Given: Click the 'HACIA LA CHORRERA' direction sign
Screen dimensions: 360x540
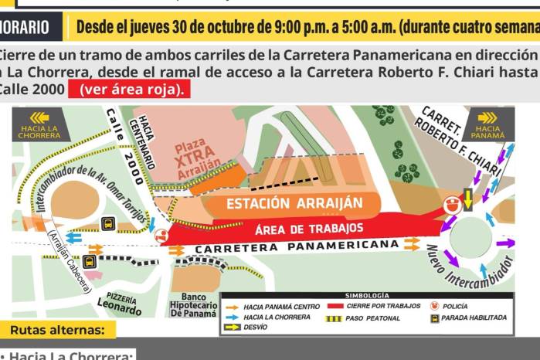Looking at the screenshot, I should click(40, 124).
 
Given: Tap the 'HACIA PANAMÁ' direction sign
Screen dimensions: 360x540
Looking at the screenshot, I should click(488, 124).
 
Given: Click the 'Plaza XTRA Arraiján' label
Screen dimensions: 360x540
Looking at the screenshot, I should click(192, 158).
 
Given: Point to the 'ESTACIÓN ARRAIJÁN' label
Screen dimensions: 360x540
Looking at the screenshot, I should click(294, 203).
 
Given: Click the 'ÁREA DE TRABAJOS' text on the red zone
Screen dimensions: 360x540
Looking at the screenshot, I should click(309, 229).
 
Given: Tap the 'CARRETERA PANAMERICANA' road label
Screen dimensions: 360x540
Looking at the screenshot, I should click(297, 248).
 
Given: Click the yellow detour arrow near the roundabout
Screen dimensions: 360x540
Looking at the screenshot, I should click(467, 199).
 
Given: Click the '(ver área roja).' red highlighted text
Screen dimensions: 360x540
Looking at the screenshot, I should click(128, 89).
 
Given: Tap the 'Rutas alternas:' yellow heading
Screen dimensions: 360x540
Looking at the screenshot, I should click(57, 330).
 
